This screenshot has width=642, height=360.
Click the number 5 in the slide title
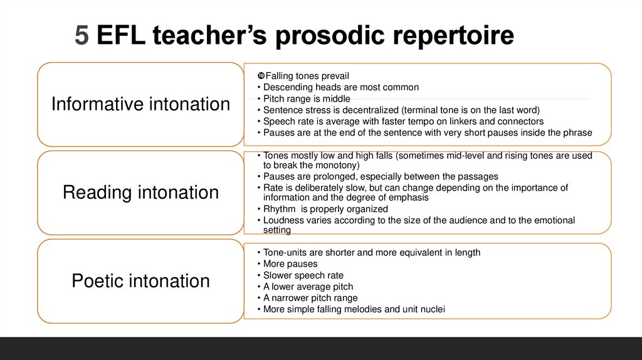click(82, 35)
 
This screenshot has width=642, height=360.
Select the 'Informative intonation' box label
click(140, 103)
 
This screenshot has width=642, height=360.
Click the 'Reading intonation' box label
click(140, 192)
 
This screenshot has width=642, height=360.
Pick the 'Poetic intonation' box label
click(140, 280)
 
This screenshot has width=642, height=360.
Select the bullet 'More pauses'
click(290, 263)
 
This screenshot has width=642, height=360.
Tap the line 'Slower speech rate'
click(303, 275)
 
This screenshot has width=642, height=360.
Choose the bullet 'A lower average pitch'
click(309, 287)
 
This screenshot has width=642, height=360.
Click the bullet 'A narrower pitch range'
click(310, 298)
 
